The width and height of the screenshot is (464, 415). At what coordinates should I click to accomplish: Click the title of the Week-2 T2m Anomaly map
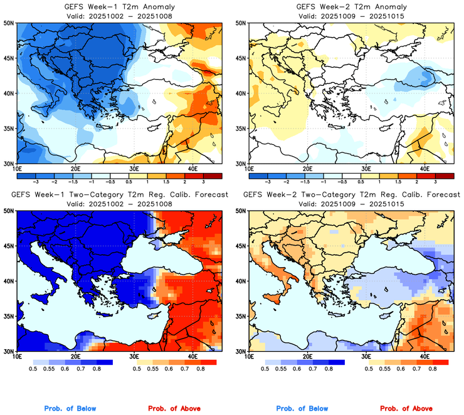(x=349, y=6)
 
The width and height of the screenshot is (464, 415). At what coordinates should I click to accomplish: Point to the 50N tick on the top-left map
(x=8, y=23)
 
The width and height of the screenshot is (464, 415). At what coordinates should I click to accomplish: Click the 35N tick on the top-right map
(x=240, y=129)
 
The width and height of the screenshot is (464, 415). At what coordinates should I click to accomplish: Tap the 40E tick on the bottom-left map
(x=192, y=357)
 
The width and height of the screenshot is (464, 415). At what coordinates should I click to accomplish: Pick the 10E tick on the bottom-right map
(x=249, y=357)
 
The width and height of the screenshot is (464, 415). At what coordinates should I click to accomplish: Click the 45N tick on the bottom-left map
(x=8, y=246)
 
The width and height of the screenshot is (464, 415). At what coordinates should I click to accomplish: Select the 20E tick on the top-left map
(x=75, y=169)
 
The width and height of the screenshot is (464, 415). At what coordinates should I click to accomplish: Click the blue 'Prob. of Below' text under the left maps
(x=70, y=409)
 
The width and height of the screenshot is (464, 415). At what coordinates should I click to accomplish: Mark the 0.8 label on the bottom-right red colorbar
(x=432, y=370)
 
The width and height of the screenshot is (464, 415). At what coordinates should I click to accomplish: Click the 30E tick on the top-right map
(x=366, y=169)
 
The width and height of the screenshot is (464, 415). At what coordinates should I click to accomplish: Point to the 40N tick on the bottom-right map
(x=240, y=281)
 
